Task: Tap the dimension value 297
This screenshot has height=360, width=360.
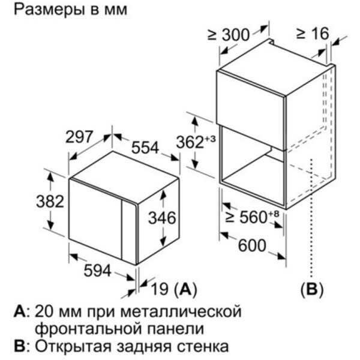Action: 79,137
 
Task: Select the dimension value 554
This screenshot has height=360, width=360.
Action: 145,148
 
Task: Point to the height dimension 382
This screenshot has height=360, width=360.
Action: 50,202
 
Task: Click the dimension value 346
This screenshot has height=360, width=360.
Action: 162,218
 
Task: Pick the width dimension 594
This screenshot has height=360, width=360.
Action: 98,271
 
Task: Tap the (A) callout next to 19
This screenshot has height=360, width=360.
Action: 185,289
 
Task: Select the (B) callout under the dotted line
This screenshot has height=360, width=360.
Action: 312,289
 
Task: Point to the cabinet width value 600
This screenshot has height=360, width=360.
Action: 252,245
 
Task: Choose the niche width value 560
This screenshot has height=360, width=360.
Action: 253,217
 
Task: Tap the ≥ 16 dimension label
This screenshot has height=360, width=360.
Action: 313,34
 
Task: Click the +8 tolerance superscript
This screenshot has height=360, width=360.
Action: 274,214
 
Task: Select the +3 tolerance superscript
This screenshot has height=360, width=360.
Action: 210,139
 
